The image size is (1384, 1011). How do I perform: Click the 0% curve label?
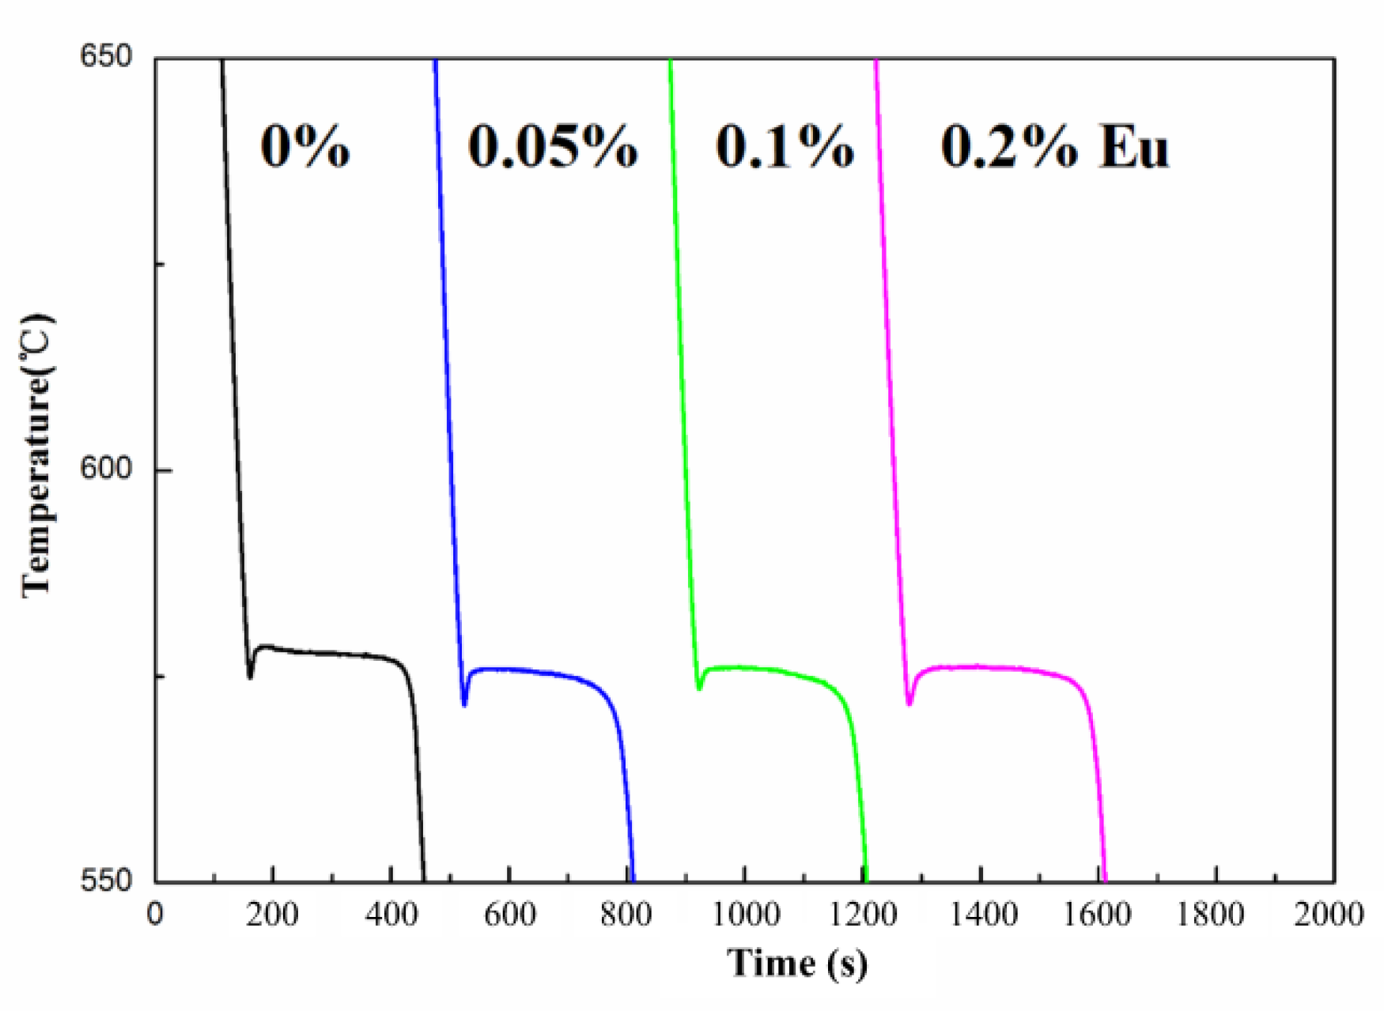(304, 147)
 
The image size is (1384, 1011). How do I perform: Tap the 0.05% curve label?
(552, 147)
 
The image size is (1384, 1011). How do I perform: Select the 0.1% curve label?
(785, 147)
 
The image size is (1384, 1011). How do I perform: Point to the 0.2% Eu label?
(1053, 147)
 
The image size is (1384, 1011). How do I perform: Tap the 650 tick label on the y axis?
(105, 57)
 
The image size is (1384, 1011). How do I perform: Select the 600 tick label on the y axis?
(105, 468)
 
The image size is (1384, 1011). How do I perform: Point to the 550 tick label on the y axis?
(105, 880)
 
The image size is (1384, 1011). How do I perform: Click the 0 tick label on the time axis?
(155, 915)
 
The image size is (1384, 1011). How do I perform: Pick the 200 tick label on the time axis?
(272, 915)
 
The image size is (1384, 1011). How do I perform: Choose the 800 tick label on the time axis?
(626, 915)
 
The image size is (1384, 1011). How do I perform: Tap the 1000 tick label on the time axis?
(745, 915)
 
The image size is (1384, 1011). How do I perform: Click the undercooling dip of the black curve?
(250, 677)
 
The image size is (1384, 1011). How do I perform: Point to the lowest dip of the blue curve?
(464, 704)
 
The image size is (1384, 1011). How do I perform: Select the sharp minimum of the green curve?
(699, 688)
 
